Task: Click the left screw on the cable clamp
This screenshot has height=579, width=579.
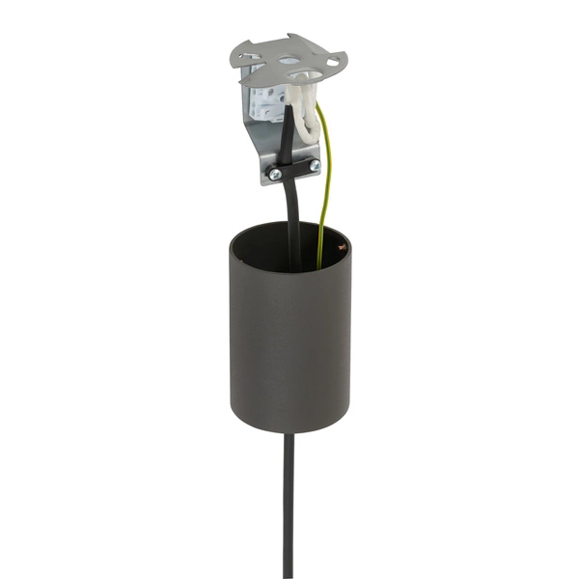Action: pyautogui.click(x=275, y=174)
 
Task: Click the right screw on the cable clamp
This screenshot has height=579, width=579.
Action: pyautogui.click(x=314, y=165)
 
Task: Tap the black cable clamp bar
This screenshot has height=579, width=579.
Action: pyautogui.click(x=294, y=169)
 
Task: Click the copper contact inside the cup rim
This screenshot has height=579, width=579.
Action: pyautogui.click(x=340, y=248)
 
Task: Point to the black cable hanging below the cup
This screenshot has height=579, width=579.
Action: pyautogui.click(x=288, y=502)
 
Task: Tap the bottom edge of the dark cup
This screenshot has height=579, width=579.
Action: pyautogui.click(x=289, y=428)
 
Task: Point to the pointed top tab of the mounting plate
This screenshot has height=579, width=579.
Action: pyautogui.click(x=289, y=39)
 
